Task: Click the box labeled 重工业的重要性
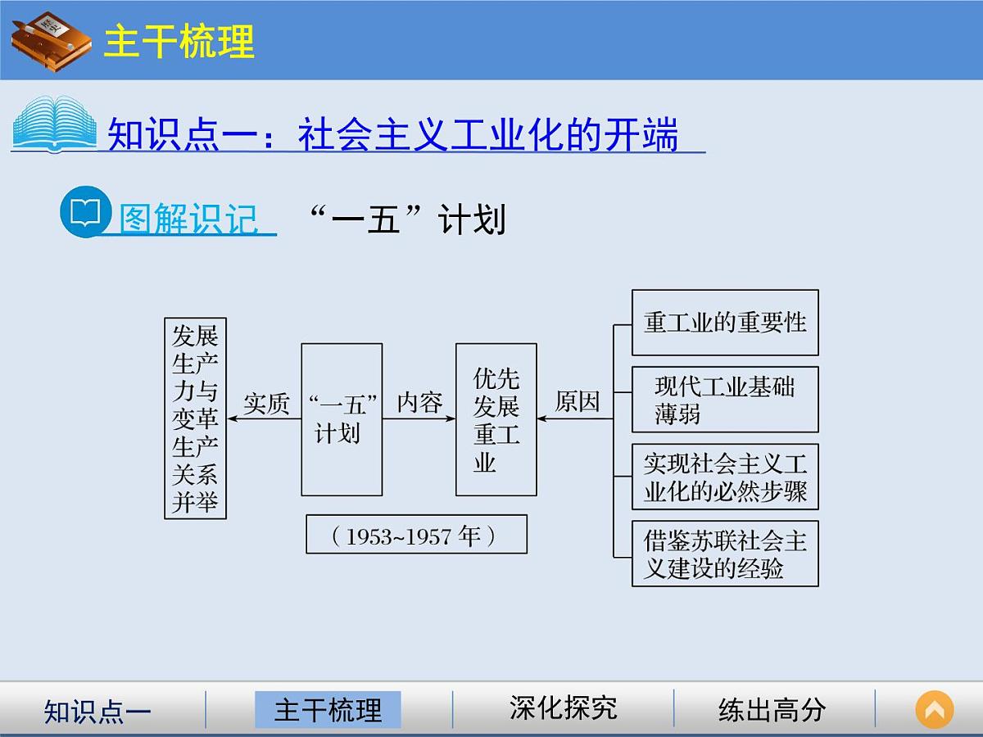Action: tap(725, 323)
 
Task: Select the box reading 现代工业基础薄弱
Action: tap(725, 400)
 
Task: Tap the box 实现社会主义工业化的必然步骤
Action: tap(725, 477)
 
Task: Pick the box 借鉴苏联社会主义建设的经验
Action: tap(725, 554)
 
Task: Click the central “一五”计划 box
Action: tap(342, 419)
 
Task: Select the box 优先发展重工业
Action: tap(496, 419)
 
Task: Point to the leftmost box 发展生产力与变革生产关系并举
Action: tap(195, 418)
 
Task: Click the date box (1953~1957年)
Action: tap(416, 535)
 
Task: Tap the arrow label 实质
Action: tap(267, 404)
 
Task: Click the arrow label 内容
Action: tap(419, 402)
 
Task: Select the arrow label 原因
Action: tap(578, 402)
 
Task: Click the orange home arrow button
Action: tap(935, 709)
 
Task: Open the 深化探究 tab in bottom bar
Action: tap(563, 708)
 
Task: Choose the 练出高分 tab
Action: tap(772, 709)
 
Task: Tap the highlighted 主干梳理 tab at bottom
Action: tap(328, 709)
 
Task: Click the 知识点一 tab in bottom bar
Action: tap(97, 711)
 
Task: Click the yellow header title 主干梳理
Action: tap(179, 41)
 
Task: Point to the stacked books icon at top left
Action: tap(51, 38)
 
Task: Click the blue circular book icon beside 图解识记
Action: tap(85, 213)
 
